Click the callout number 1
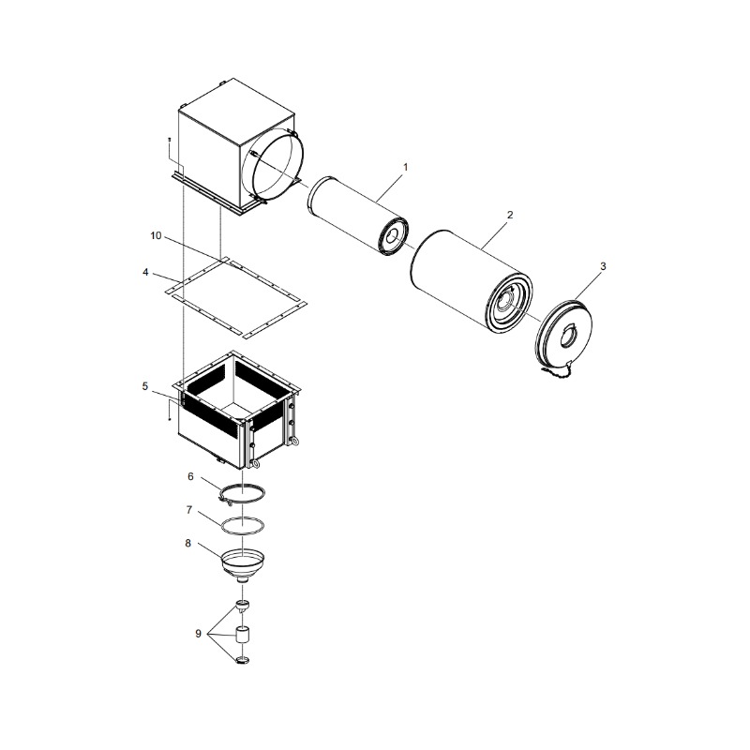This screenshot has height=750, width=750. pyautogui.click(x=406, y=168)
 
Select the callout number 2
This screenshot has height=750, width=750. pyautogui.click(x=510, y=216)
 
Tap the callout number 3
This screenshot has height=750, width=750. pyautogui.click(x=603, y=266)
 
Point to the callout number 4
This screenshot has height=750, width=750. pyautogui.click(x=145, y=273)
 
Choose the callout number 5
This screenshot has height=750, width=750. pyautogui.click(x=145, y=386)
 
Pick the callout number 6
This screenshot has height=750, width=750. pyautogui.click(x=190, y=477)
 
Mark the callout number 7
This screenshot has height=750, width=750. pyautogui.click(x=189, y=510)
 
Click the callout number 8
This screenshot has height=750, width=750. pyautogui.click(x=188, y=544)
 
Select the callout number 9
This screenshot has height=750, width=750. pyautogui.click(x=198, y=634)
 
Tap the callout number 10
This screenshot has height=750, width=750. pyautogui.click(x=156, y=236)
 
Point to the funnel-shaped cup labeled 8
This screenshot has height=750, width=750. pyautogui.click(x=243, y=565)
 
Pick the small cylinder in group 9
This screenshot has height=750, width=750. pyautogui.click(x=244, y=636)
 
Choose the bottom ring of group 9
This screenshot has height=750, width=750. pyautogui.click(x=243, y=661)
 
